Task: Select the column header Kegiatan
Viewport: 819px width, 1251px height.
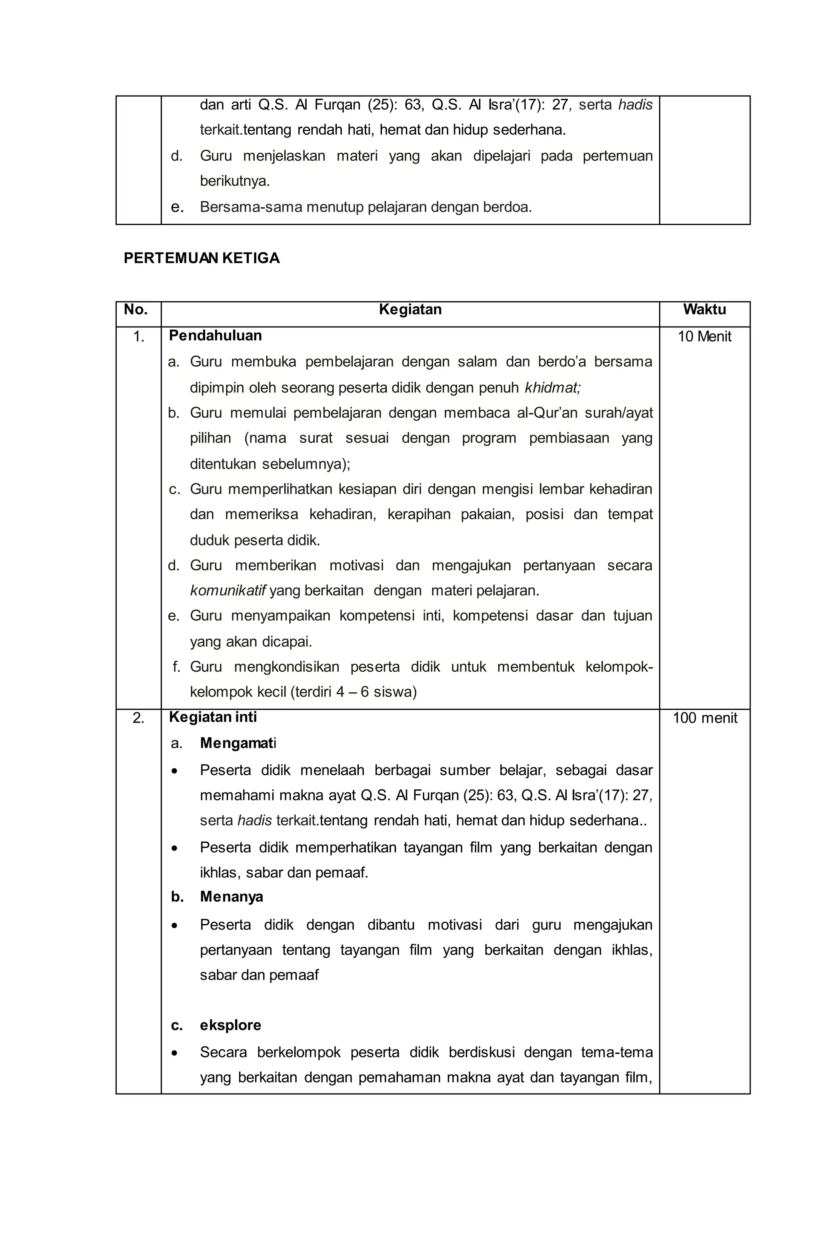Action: click(x=410, y=310)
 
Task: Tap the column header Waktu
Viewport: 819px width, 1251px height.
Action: click(x=704, y=310)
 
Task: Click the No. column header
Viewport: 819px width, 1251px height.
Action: click(x=135, y=310)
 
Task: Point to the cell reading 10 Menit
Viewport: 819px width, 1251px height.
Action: click(x=704, y=337)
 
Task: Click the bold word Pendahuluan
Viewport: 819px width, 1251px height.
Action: click(x=215, y=336)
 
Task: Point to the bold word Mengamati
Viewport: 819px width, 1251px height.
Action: click(x=238, y=743)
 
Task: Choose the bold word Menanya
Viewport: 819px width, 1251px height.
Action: click(x=232, y=897)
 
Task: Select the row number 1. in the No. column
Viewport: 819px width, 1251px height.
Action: click(x=138, y=337)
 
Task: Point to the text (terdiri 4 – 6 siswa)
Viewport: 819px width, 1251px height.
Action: click(x=354, y=692)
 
